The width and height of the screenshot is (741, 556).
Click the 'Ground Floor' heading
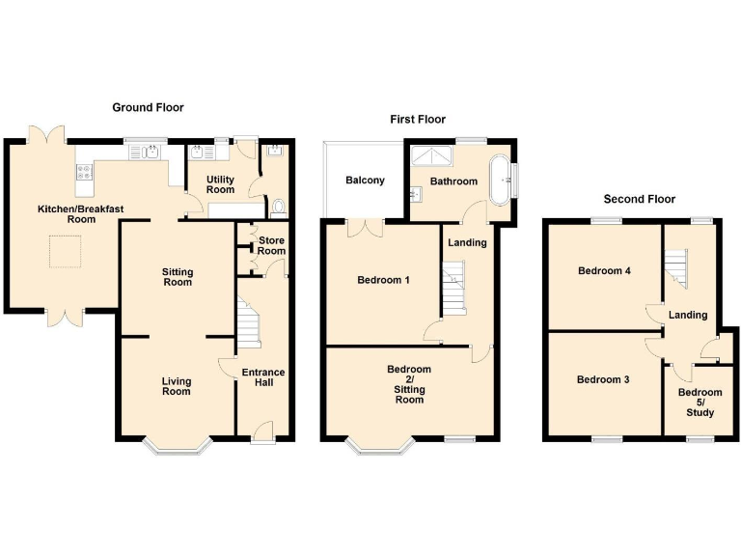[x=148, y=107]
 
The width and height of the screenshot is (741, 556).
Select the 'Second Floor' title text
[x=639, y=199]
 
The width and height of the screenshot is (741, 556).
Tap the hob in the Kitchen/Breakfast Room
[x=83, y=173]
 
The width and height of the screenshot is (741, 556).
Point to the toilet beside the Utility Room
[x=278, y=206]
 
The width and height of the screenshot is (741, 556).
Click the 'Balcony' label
[x=366, y=181]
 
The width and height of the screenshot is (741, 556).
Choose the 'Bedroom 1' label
[x=383, y=281]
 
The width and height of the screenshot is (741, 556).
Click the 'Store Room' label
[x=271, y=245]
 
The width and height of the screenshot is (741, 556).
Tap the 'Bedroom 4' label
[x=604, y=271]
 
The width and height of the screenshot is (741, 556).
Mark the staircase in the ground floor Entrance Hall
[x=249, y=325]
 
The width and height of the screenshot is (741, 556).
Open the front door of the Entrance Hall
[x=262, y=432]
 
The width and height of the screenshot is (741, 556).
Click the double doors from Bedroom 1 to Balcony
[x=366, y=228]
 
